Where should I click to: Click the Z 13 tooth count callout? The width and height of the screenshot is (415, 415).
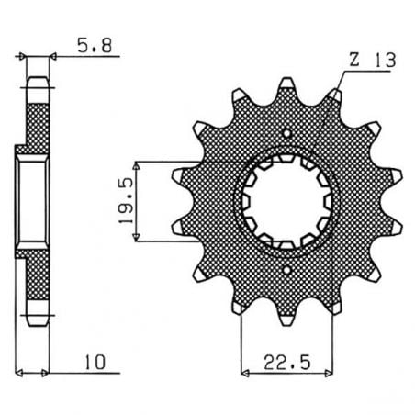pyautogui.click(x=366, y=62)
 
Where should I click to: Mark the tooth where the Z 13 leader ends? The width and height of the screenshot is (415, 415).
pyautogui.click(x=336, y=95)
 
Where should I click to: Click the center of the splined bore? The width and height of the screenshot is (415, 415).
pyautogui.click(x=289, y=202)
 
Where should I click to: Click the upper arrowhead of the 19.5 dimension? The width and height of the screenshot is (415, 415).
pyautogui.click(x=138, y=163)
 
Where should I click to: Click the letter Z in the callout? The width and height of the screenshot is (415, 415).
pyautogui.click(x=353, y=62)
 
